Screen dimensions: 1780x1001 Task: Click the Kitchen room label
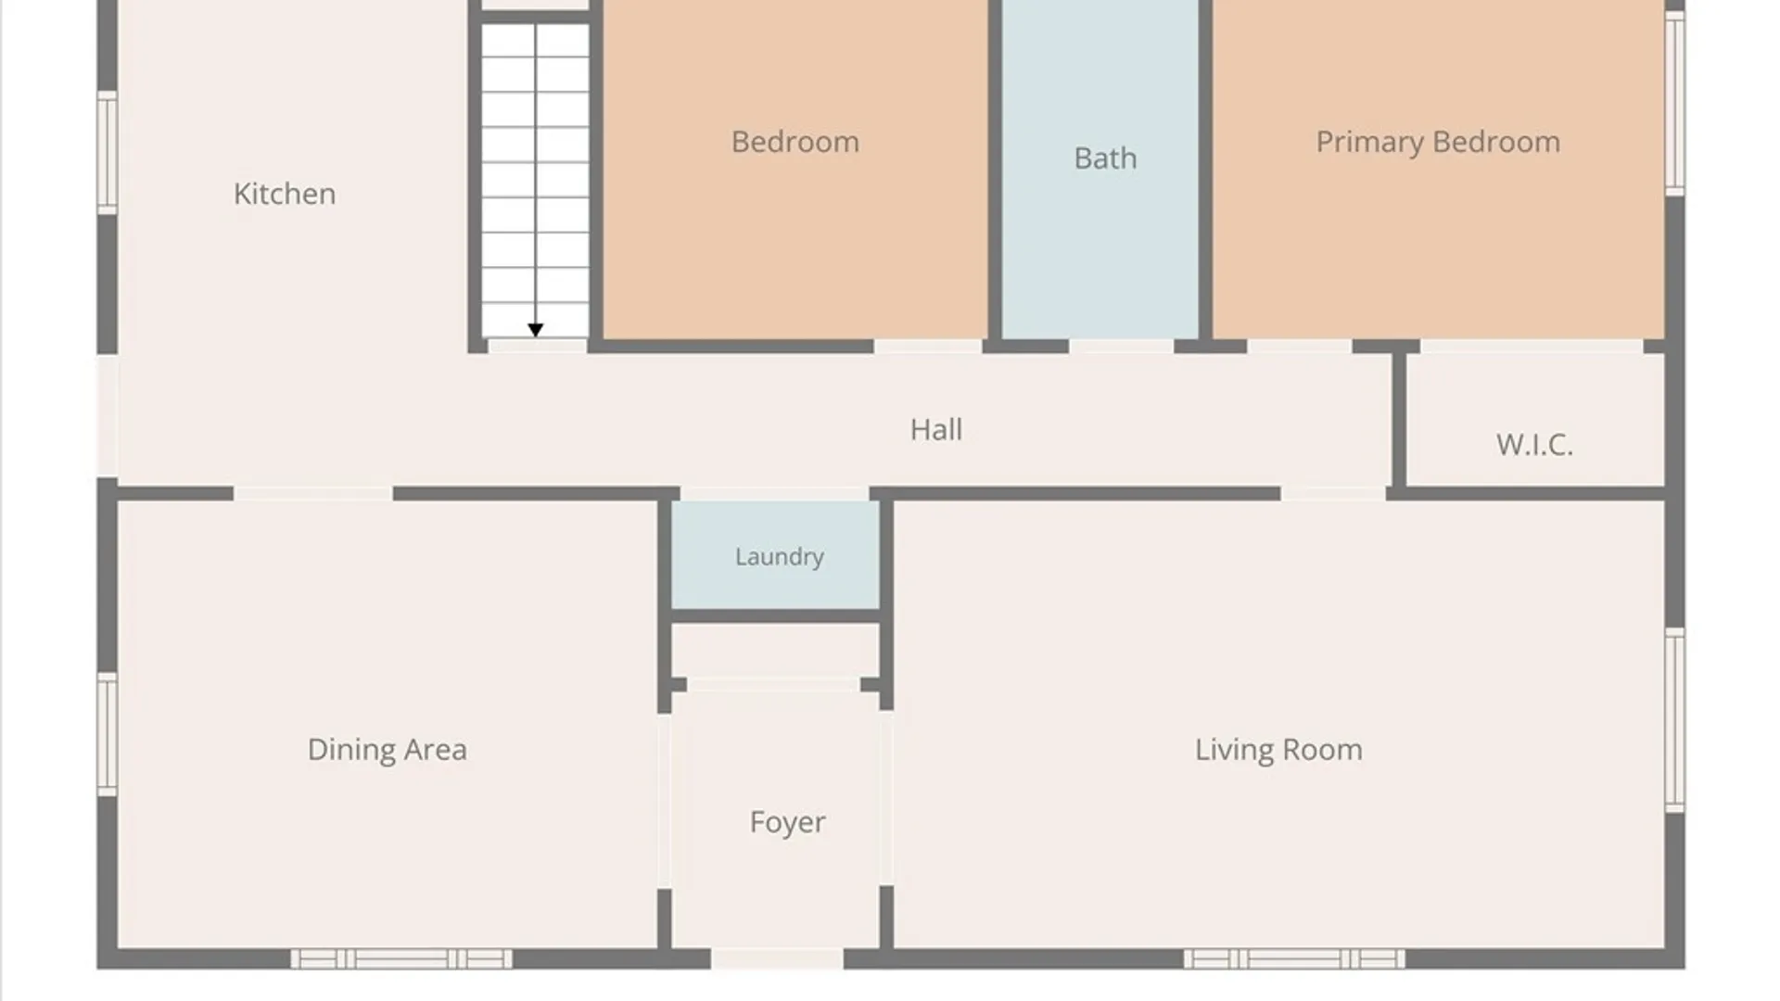(285, 194)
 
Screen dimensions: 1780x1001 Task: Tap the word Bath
(1105, 158)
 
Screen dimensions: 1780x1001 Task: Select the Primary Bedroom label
(1438, 142)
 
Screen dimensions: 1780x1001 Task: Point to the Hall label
(936, 429)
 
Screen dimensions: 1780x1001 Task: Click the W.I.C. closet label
(1534, 445)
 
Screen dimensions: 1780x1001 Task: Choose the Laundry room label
(780, 557)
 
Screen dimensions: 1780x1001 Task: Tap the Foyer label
(788, 823)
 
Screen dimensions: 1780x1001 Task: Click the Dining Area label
(388, 750)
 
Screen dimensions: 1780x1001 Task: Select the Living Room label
(1278, 750)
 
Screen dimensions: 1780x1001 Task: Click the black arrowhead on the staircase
(535, 330)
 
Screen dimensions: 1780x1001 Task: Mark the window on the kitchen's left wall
(108, 152)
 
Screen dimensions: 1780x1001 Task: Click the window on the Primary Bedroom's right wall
(1674, 103)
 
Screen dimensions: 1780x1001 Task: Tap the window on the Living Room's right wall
(1674, 720)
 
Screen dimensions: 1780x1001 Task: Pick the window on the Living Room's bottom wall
(1294, 958)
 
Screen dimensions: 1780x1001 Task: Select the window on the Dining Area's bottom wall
(401, 958)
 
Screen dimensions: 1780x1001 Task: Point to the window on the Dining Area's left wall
(108, 734)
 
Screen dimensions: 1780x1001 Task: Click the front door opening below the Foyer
(777, 958)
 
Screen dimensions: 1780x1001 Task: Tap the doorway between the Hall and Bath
(1122, 347)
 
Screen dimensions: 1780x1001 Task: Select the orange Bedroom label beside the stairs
(795, 142)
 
